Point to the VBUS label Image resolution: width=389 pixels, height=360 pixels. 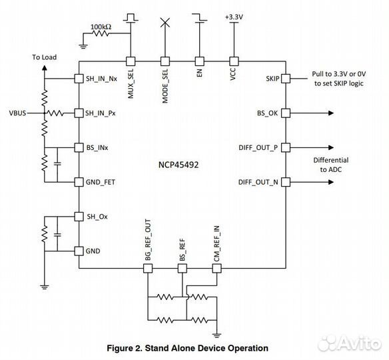coord(17,113)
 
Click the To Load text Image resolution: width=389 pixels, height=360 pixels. coord(45,57)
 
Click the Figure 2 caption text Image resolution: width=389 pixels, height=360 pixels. coord(187,348)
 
